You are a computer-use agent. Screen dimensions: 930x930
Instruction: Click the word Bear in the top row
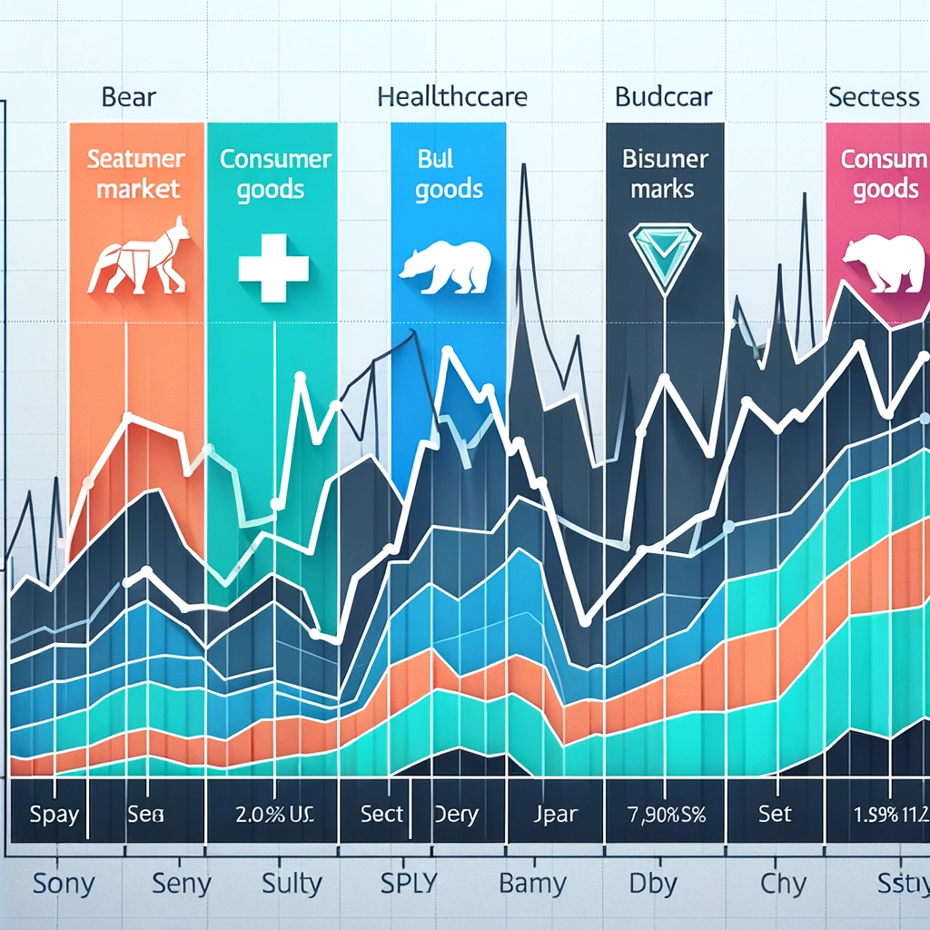click(130, 97)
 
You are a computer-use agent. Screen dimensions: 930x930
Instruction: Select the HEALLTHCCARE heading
click(451, 96)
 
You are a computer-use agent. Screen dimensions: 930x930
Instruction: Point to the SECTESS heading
click(873, 97)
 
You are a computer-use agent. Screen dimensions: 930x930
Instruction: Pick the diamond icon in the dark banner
click(666, 254)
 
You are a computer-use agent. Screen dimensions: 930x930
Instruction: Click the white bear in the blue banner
click(445, 266)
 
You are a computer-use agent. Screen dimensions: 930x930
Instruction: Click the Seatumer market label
click(135, 174)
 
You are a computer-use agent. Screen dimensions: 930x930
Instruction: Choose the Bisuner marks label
click(665, 174)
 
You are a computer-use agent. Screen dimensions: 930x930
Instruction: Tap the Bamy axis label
click(533, 882)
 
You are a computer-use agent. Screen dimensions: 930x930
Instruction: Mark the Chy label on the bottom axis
click(784, 882)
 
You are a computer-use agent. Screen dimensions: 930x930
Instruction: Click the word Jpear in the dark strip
click(549, 815)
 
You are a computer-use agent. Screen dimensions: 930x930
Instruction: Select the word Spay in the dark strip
click(54, 815)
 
